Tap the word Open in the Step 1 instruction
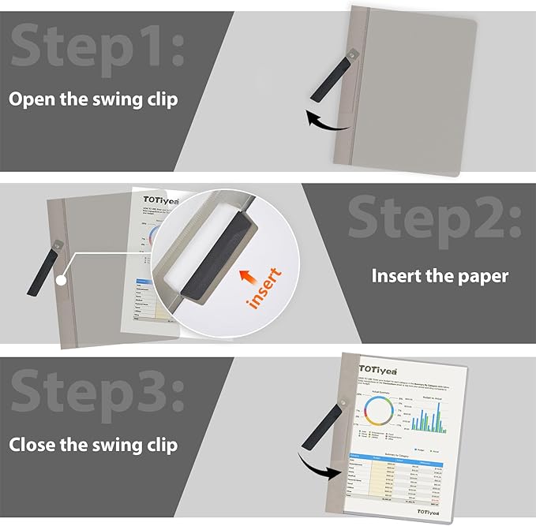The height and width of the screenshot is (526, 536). coord(32,99)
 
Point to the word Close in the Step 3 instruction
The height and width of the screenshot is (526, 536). coord(33,444)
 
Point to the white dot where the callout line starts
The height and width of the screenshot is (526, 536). coord(60,280)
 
